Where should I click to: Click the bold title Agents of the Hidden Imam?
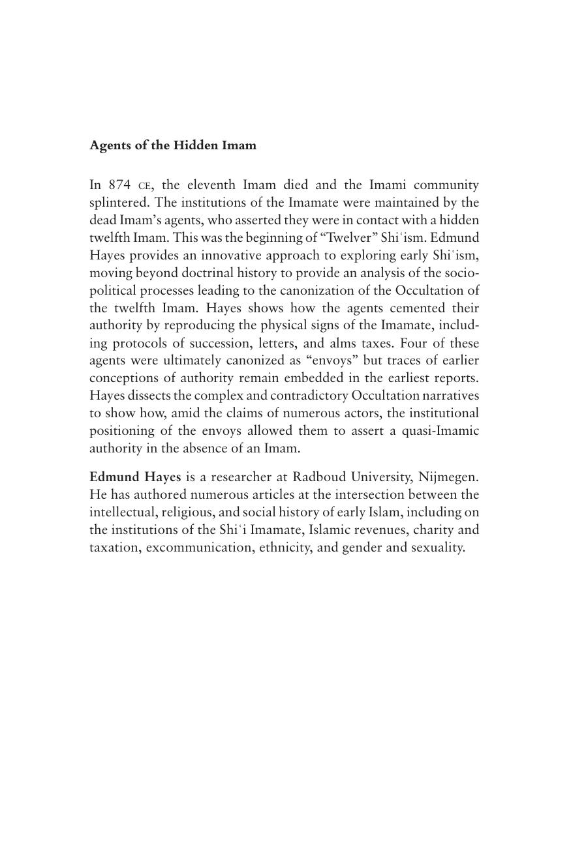click(173, 145)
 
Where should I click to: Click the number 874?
click(120, 185)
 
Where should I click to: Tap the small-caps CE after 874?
click(145, 186)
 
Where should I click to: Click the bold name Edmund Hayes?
click(135, 477)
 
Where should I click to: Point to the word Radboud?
click(319, 477)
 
